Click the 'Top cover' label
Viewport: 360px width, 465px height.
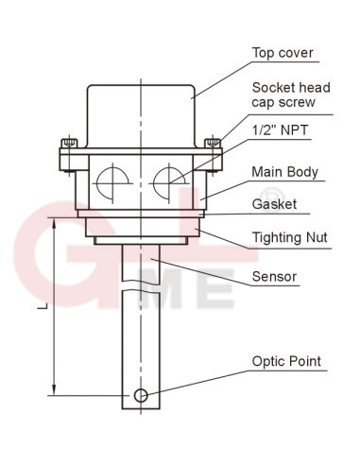(x=283, y=53)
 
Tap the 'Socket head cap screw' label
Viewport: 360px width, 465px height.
(x=291, y=95)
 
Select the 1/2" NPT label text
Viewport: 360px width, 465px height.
(x=281, y=130)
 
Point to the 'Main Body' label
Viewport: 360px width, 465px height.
(x=285, y=172)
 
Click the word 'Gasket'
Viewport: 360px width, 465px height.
(x=274, y=204)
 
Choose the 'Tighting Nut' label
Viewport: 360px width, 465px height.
(x=290, y=237)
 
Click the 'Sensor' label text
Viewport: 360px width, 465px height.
(x=274, y=277)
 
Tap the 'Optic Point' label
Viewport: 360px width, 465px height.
(x=286, y=361)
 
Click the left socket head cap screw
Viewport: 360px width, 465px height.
(x=69, y=144)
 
